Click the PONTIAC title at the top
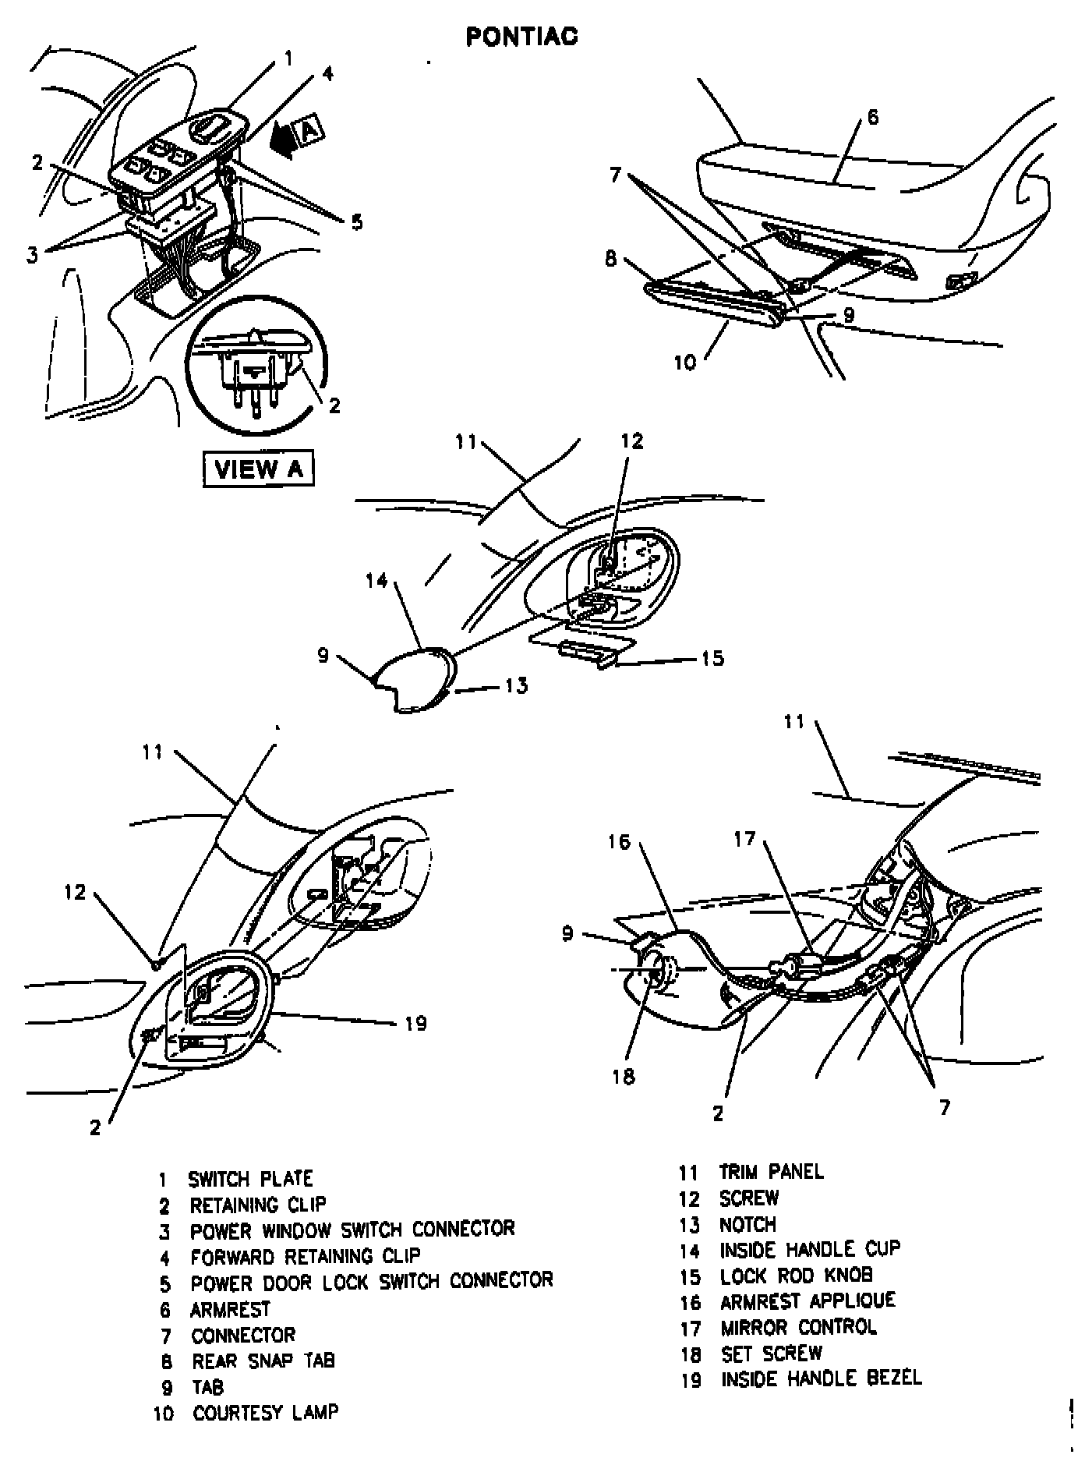pyautogui.click(x=521, y=37)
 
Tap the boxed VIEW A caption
pyautogui.click(x=258, y=469)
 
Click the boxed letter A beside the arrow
pyautogui.click(x=309, y=130)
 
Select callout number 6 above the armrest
pyautogui.click(x=872, y=118)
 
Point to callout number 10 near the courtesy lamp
pyautogui.click(x=684, y=363)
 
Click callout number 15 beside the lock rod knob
pyautogui.click(x=712, y=659)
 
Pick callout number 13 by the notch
pyautogui.click(x=516, y=685)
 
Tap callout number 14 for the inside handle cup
pyautogui.click(x=377, y=581)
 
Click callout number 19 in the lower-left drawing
pyautogui.click(x=416, y=1023)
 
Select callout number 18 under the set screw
pyautogui.click(x=624, y=1077)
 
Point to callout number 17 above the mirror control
pyautogui.click(x=745, y=839)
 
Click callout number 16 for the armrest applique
pyautogui.click(x=619, y=843)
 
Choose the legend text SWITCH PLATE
pyautogui.click(x=250, y=1179)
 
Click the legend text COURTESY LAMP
pyautogui.click(x=266, y=1412)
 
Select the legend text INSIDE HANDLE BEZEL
pyautogui.click(x=821, y=1378)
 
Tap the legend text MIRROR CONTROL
pyautogui.click(x=798, y=1327)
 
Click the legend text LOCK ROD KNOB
pyautogui.click(x=796, y=1276)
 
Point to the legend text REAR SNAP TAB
pyautogui.click(x=263, y=1361)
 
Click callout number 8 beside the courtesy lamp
pyautogui.click(x=611, y=258)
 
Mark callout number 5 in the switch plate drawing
pyautogui.click(x=356, y=222)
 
